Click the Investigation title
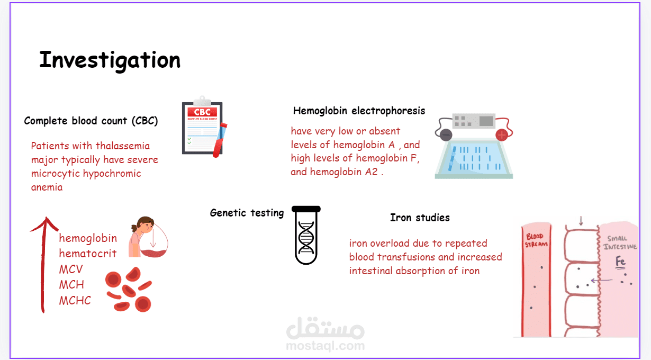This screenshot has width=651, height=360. coord(110,60)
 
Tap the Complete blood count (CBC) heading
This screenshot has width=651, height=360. coord(91,121)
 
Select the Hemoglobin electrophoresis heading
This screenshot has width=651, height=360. coord(359,111)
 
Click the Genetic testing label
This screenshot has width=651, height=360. coord(247,213)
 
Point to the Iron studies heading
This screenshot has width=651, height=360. coord(420,218)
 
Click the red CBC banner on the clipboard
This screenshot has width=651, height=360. coord(202,112)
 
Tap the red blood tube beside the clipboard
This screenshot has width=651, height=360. coord(220,140)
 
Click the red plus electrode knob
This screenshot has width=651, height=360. coord(502,135)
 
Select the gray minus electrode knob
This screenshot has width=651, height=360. coord(446,135)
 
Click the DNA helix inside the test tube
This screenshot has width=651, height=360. coord(306,237)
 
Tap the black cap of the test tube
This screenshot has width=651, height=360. coord(306,209)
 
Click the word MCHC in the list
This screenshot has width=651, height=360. coord(75,300)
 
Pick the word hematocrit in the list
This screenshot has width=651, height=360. coord(88,253)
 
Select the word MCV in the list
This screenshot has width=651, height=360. coord(71,269)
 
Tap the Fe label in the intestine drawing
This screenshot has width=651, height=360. coord(620,261)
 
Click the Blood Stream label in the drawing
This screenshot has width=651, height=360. coord(536,240)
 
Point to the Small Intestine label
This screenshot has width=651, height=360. coord(620,242)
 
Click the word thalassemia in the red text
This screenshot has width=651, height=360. coord(123,146)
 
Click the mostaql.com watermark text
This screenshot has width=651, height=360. coord(325,346)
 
